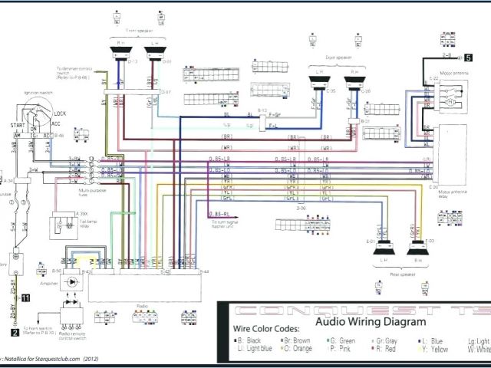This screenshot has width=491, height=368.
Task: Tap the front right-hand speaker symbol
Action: [122, 53]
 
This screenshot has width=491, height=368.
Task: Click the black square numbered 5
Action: [459, 57]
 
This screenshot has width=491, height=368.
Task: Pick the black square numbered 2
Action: [15, 333]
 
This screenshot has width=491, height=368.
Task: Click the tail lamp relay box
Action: [61, 224]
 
